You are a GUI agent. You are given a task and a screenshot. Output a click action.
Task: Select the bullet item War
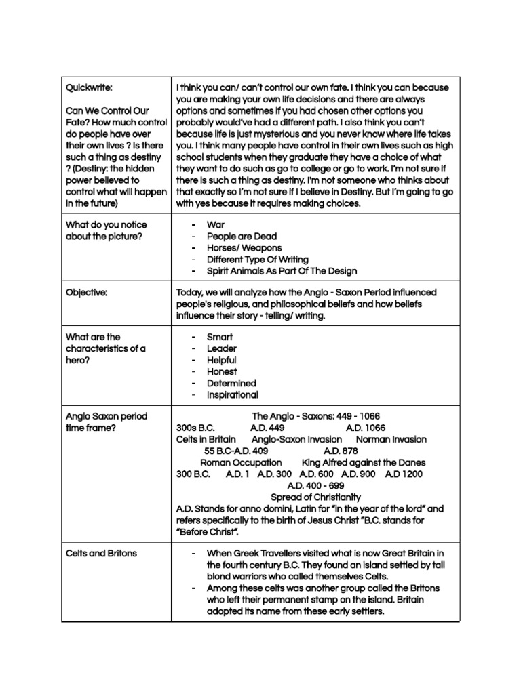pyautogui.click(x=215, y=224)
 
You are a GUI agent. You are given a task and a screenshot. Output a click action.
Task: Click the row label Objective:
pyautogui.click(x=87, y=292)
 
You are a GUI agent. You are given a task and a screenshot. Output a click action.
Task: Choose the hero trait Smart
pyautogui.click(x=220, y=337)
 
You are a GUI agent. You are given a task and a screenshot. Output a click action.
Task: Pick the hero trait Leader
pyautogui.click(x=222, y=348)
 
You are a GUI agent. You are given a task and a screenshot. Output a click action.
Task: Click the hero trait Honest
pyautogui.click(x=222, y=371)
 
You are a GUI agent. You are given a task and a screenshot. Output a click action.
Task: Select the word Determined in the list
pyautogui.click(x=231, y=383)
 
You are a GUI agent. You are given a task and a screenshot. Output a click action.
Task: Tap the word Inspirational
pyautogui.click(x=233, y=394)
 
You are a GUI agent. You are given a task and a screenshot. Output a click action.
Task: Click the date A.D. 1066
pyautogui.click(x=365, y=428)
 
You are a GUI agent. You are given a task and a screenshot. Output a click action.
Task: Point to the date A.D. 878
pyautogui.click(x=341, y=451)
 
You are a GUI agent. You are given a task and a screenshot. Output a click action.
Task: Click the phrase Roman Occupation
pyautogui.click(x=241, y=462)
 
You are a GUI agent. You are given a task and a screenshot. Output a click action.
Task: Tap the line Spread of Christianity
pyautogui.click(x=315, y=497)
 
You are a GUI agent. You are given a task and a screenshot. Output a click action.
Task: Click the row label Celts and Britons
pyautogui.click(x=101, y=553)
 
